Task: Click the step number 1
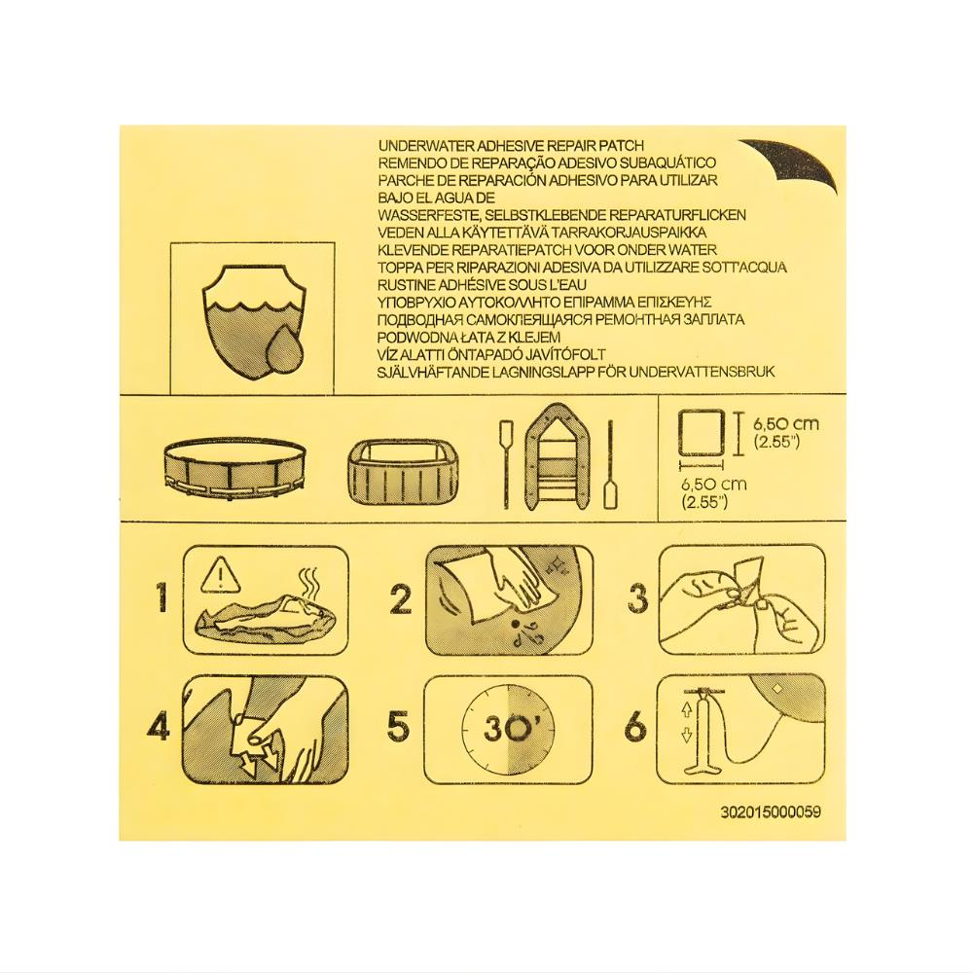pos(162,598)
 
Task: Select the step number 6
pos(636,726)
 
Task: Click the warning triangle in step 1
pos(220,573)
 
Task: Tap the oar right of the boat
pos(609,464)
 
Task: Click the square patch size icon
pos(701,433)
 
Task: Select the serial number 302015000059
pos(771,812)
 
